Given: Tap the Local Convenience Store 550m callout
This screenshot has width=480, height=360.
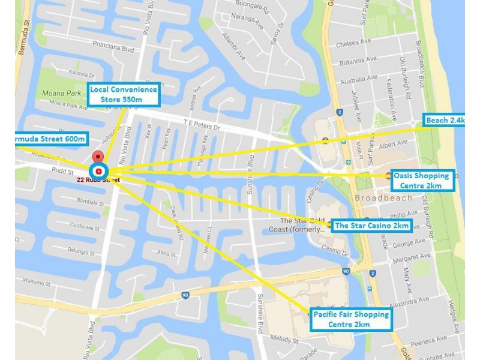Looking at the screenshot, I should pos(124,94).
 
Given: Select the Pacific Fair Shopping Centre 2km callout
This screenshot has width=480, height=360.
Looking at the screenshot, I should pos(351,319).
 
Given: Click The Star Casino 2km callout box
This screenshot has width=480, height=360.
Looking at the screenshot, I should pos(372,226).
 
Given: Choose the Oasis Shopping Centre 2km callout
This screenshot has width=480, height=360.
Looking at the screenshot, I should pos(421,180).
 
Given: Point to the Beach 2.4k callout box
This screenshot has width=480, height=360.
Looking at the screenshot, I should pos(444,121).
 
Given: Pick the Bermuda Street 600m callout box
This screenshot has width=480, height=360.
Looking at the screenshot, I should pos(50,139).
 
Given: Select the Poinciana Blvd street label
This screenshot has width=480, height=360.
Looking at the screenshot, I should pos(112,52).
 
